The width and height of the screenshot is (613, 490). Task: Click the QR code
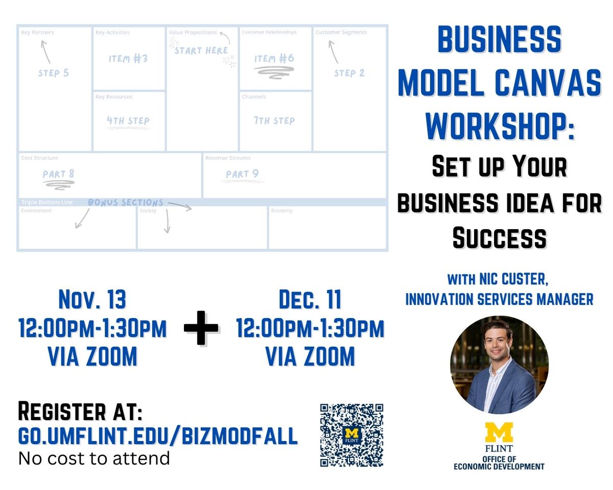coord(351,435)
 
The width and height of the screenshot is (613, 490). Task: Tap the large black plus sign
coord(201,327)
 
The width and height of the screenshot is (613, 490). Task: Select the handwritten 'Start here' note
coord(201,51)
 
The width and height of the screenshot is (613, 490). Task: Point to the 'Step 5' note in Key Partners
coord(53,73)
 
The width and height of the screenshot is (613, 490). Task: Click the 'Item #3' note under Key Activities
coord(128,58)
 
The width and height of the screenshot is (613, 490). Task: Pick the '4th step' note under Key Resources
coord(128,121)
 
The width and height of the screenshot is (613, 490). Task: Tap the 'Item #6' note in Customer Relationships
coord(274,59)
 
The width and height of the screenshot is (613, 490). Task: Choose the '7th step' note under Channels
coord(274,121)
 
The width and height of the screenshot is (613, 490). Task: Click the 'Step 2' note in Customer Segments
coord(349,73)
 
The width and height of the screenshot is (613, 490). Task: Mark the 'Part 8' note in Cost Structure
coord(59,174)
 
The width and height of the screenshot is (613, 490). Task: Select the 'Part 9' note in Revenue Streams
coord(242,174)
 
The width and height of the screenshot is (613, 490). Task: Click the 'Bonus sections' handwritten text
coord(126,203)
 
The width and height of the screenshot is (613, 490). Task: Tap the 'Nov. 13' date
coord(92,300)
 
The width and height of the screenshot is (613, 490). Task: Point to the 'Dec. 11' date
coord(310,300)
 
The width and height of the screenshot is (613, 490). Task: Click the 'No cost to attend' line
coord(94,458)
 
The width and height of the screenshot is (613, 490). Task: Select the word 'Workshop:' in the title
coord(500,126)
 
